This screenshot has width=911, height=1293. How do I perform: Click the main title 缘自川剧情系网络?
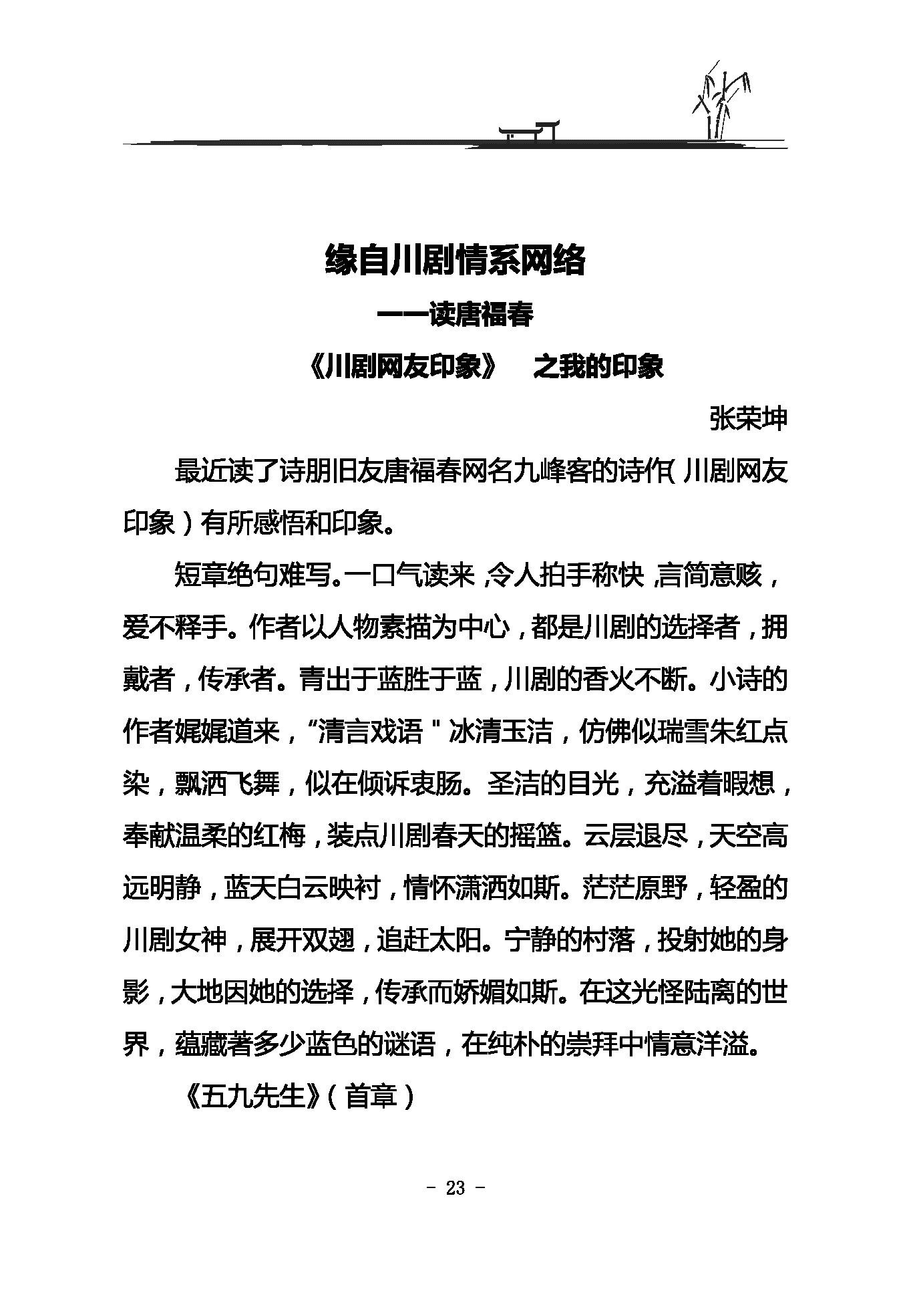click(455, 261)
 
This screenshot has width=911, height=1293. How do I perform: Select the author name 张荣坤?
click(748, 419)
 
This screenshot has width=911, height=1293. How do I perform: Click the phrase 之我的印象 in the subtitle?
click(597, 367)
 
